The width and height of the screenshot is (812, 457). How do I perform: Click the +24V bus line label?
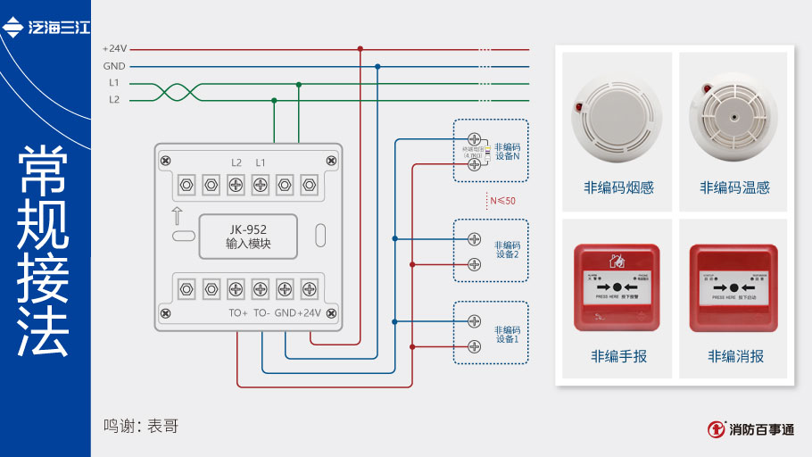click(x=115, y=49)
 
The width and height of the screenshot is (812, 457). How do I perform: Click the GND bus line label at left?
click(x=114, y=66)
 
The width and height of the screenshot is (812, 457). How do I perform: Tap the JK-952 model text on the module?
click(x=247, y=228)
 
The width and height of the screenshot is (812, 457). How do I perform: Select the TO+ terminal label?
click(x=238, y=313)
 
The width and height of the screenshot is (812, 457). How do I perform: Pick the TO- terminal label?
click(x=261, y=313)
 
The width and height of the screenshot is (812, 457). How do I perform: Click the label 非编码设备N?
click(x=507, y=151)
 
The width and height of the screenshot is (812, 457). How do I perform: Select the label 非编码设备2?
click(x=507, y=249)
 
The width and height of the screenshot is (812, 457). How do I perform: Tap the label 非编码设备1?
click(x=507, y=334)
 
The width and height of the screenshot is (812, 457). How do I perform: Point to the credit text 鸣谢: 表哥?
click(x=141, y=426)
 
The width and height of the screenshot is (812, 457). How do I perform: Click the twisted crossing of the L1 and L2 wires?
click(x=170, y=91)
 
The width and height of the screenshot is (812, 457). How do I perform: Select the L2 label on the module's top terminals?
click(x=236, y=162)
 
